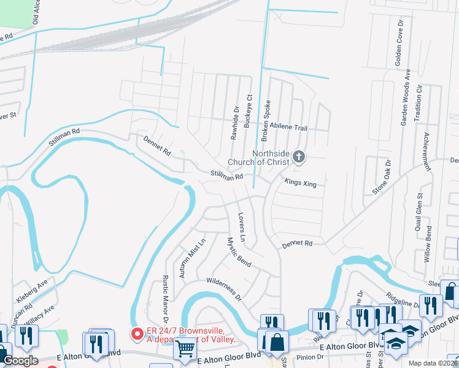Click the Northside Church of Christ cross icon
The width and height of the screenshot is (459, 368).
click(299, 156)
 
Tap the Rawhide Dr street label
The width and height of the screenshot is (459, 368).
click(234, 123)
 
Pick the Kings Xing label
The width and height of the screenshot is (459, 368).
click(301, 183)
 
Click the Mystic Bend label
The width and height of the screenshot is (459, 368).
click(239, 251)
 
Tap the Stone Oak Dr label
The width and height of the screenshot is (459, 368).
click(381, 178)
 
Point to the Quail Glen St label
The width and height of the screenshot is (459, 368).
click(420, 209)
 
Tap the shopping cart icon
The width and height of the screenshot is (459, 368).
click(185, 348)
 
